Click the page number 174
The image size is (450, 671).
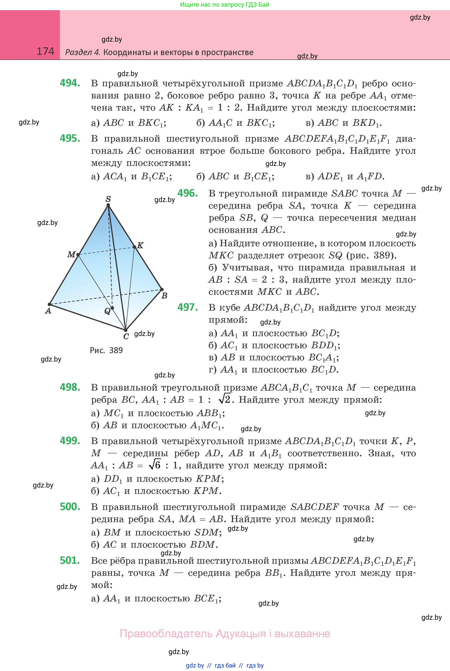click(x=45, y=51)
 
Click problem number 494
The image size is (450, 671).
click(x=70, y=83)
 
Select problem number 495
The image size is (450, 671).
click(x=70, y=139)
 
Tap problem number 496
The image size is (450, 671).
click(x=187, y=193)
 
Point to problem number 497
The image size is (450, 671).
click(x=187, y=307)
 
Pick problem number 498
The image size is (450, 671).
click(x=70, y=387)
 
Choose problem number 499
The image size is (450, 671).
click(x=70, y=441)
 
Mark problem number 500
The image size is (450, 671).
click(x=70, y=507)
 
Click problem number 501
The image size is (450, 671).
click(x=70, y=560)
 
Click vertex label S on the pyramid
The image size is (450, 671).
click(x=108, y=199)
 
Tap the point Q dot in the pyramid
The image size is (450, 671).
click(x=112, y=308)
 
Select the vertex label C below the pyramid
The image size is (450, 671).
click(x=126, y=337)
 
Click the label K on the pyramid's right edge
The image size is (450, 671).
click(x=140, y=245)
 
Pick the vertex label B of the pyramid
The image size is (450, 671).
click(x=165, y=296)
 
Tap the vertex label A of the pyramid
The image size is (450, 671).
click(x=48, y=311)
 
